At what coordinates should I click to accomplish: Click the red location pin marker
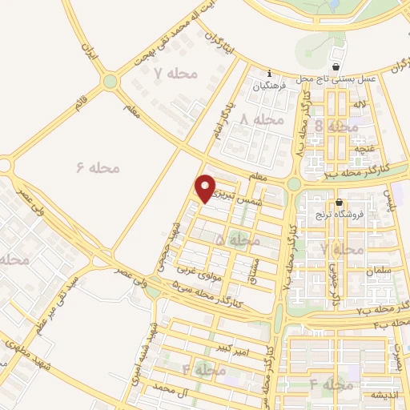click(x=207, y=188)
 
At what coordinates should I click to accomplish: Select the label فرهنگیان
click(x=270, y=86)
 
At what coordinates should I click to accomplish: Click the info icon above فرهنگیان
click(x=270, y=73)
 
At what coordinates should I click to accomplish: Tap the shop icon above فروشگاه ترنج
click(x=340, y=203)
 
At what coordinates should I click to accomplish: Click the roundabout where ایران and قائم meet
click(x=110, y=82)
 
